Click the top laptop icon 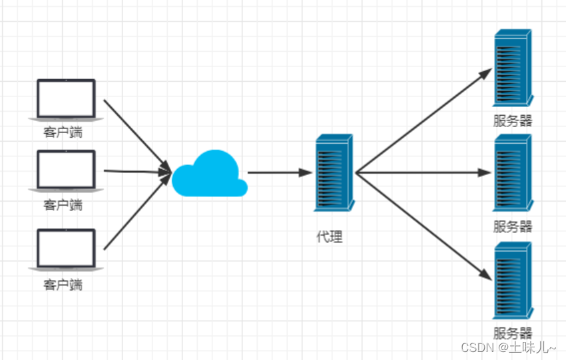[x=66, y=99]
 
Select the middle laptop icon [x=66, y=170]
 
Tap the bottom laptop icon [x=66, y=249]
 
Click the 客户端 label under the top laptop [x=63, y=132]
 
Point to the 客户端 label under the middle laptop [x=63, y=204]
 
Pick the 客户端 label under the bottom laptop [x=63, y=285]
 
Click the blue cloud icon [x=209, y=174]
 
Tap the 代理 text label [x=330, y=236]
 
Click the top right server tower [x=512, y=68]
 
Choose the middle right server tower [x=512, y=173]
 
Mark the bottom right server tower [x=512, y=281]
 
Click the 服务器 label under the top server [x=513, y=120]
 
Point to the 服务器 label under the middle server [x=513, y=226]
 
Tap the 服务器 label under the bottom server [x=513, y=333]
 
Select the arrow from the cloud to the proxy [x=280, y=173]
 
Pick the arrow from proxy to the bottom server [x=423, y=226]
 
